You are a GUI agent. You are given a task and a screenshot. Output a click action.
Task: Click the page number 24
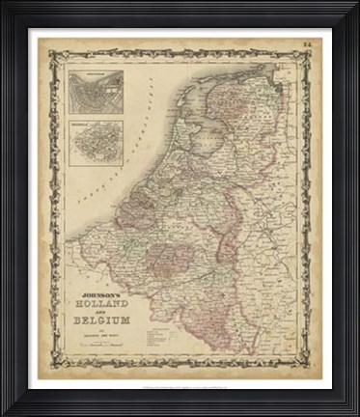[305, 44]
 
